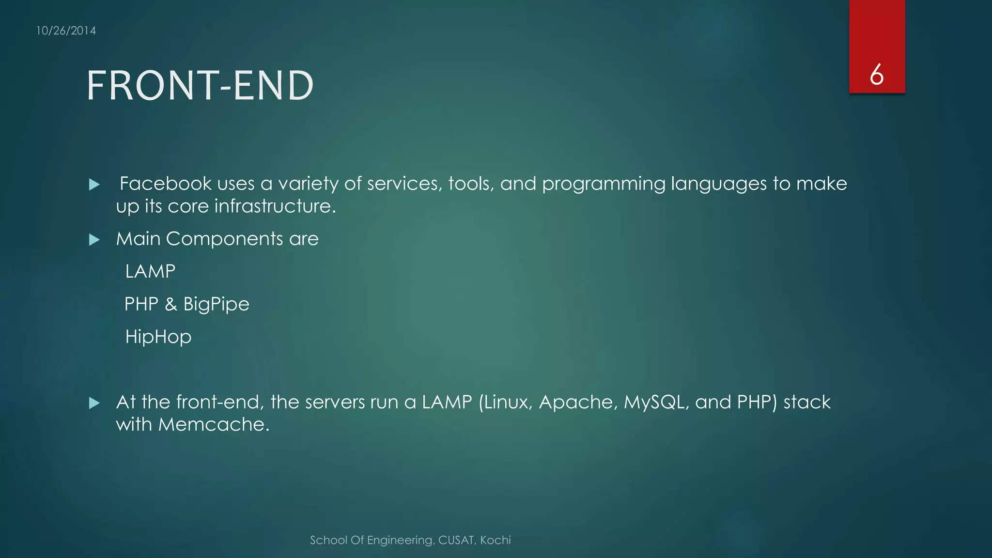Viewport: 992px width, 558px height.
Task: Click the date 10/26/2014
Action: click(x=66, y=31)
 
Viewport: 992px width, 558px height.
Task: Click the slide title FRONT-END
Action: click(x=200, y=86)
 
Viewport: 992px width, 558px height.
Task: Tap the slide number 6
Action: click(x=876, y=75)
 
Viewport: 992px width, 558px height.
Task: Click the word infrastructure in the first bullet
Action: click(x=275, y=206)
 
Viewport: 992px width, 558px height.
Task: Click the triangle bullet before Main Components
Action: click(x=94, y=240)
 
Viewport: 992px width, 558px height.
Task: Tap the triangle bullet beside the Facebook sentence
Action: click(x=94, y=185)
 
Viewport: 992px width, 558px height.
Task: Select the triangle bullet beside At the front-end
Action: click(x=94, y=403)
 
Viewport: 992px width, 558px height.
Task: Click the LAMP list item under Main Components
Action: click(x=150, y=271)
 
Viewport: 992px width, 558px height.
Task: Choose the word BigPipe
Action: click(x=216, y=304)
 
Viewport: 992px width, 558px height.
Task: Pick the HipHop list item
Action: click(x=158, y=337)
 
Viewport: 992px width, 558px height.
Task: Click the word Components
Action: click(x=224, y=239)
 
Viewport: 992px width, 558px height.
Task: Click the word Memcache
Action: click(x=213, y=424)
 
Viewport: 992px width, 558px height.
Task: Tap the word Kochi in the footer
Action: click(x=496, y=540)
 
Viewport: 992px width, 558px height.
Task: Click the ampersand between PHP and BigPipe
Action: click(x=170, y=304)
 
